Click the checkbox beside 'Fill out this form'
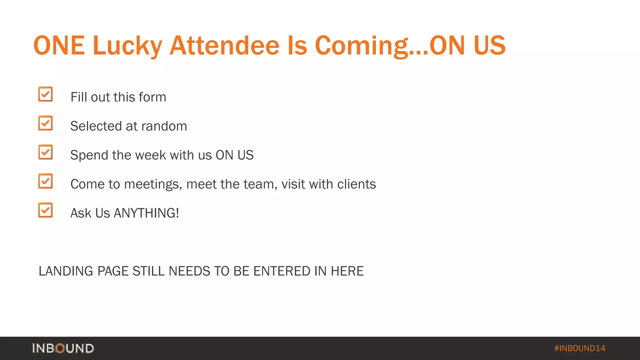(46, 94)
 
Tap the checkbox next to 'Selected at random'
(46, 123)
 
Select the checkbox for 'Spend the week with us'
(46, 152)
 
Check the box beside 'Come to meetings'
(46, 181)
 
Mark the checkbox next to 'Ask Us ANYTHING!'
(46, 210)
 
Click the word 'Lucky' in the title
(127, 46)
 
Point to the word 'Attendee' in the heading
(224, 46)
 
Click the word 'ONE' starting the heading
(59, 46)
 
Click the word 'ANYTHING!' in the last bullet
(146, 213)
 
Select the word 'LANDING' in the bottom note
(66, 271)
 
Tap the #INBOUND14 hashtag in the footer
(580, 348)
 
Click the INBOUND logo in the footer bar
(63, 348)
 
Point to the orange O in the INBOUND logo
(60, 348)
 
